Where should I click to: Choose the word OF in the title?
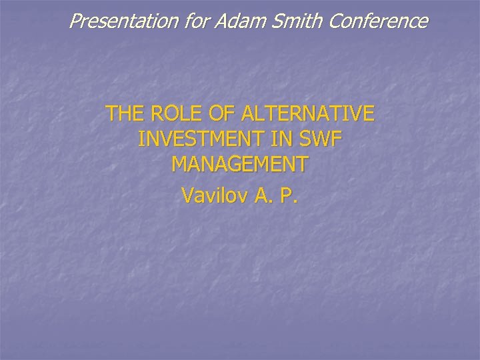point(215,114)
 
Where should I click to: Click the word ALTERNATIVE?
point(303,114)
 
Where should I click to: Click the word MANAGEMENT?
point(240,163)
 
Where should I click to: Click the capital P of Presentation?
point(75,21)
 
